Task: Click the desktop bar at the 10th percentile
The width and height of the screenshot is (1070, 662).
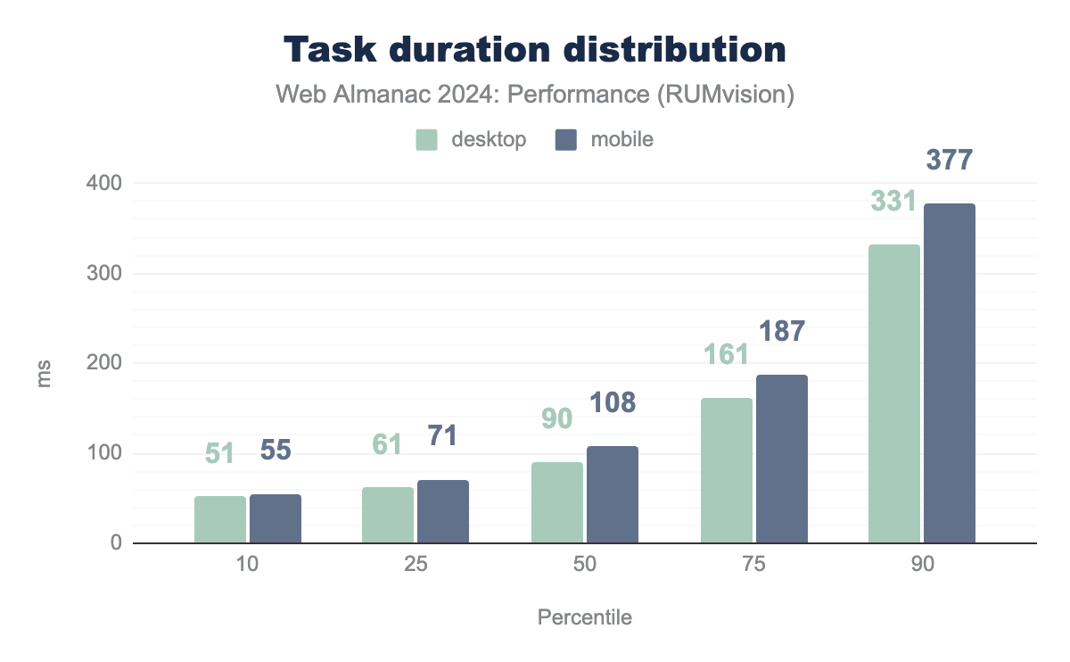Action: coord(219,519)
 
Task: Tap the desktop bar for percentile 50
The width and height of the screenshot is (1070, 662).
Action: coord(557,502)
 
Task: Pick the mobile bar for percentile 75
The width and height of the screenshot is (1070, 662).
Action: coord(782,459)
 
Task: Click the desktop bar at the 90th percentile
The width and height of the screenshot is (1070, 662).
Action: coord(894,393)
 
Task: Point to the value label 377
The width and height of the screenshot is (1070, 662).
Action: coord(950,160)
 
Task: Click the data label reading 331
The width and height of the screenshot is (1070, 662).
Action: coord(894,201)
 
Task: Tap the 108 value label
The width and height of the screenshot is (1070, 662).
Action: coord(613,402)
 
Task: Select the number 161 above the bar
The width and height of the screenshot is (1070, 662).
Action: coord(726,354)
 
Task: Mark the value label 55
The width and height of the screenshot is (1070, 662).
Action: coord(276,451)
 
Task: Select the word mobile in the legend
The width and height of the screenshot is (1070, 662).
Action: coord(621,140)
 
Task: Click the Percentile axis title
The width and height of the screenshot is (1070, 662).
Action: coord(585,617)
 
